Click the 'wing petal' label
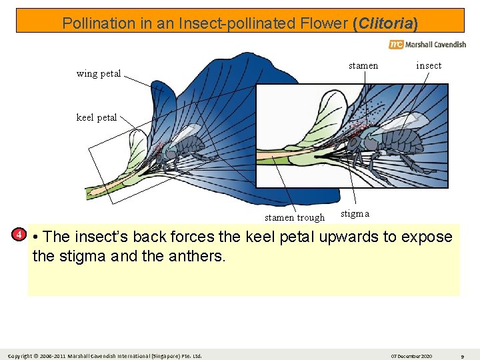(x=99, y=73)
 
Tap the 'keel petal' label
(x=97, y=117)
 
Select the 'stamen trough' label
(x=295, y=217)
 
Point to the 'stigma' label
(x=355, y=213)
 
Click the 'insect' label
(x=429, y=65)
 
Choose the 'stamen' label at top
(x=363, y=65)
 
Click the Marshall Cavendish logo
(x=427, y=45)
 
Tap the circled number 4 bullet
(x=20, y=234)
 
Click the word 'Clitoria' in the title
(x=386, y=23)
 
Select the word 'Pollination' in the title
(x=99, y=23)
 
